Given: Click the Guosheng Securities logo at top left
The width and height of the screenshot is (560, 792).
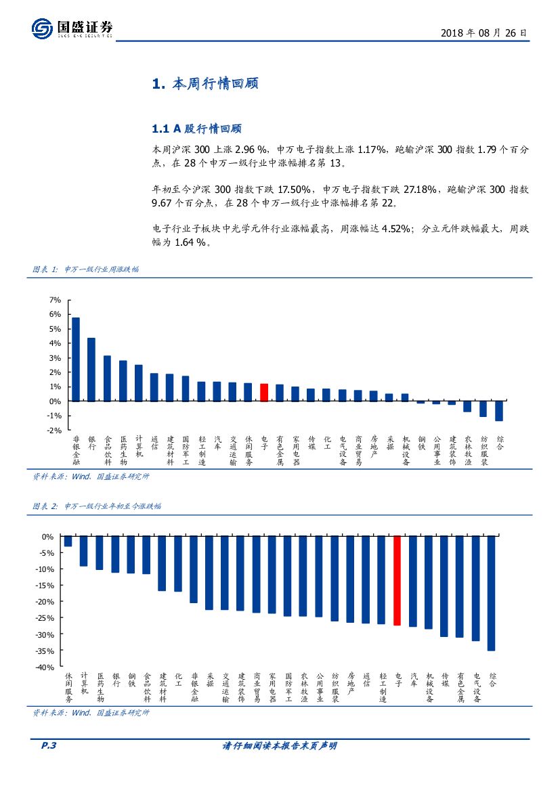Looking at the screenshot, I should tap(71, 28).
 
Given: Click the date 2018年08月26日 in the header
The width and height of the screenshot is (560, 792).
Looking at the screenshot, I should tap(483, 32).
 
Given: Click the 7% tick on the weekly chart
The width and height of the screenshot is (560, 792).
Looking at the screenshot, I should tap(56, 300).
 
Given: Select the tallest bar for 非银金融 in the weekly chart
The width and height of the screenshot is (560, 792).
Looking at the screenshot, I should tap(76, 359).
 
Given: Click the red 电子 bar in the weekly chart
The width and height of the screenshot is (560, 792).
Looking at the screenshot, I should tap(264, 393).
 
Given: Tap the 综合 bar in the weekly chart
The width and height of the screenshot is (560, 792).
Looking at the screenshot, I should tap(499, 411).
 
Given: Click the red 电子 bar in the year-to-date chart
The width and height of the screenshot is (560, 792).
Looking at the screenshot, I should tap(397, 581).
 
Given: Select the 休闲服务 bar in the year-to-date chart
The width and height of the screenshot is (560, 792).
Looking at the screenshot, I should tap(68, 542).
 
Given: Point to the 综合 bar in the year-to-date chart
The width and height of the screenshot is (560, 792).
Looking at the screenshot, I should tap(492, 593).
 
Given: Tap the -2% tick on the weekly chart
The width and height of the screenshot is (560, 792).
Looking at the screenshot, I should tap(55, 431).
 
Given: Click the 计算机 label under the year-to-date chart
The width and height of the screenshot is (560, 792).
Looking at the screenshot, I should tap(84, 683).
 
